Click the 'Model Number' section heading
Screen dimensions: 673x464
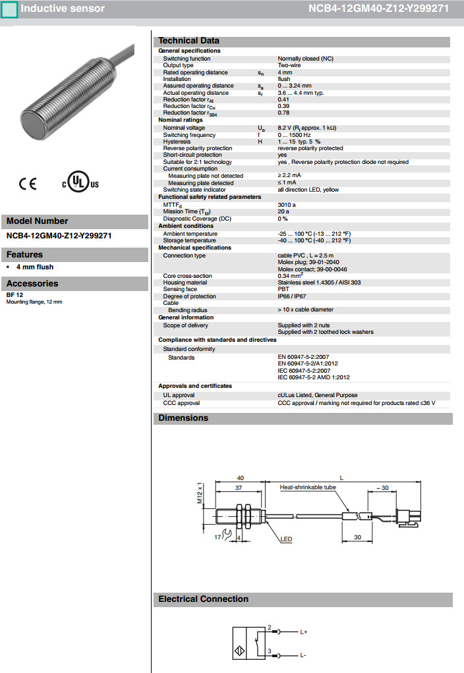(37, 221)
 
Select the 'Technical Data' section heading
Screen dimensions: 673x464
(188, 41)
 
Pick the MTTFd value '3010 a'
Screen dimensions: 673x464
(287, 205)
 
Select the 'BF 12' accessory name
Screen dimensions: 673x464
(15, 296)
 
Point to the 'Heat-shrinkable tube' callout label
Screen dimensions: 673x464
(308, 488)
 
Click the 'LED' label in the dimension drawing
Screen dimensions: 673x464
(286, 539)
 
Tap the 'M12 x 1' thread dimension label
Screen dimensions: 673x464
(200, 493)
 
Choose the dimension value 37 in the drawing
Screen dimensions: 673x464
(239, 488)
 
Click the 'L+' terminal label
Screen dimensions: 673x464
(304, 633)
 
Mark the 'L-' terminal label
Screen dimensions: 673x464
(303, 656)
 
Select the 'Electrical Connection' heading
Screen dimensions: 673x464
(203, 599)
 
